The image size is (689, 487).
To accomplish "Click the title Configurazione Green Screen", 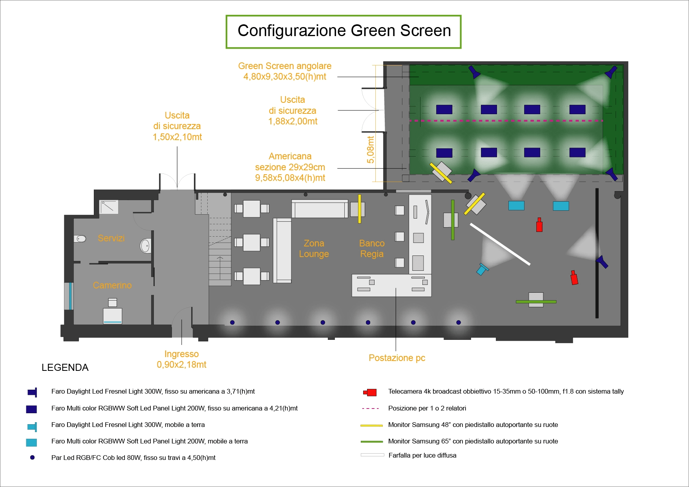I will point(344,31).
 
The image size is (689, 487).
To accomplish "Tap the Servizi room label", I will point(111,238).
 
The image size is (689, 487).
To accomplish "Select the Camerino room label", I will point(112,285).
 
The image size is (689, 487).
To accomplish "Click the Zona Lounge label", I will point(314,249).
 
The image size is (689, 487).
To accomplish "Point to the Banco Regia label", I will point(372,249).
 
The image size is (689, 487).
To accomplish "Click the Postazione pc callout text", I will point(397,358).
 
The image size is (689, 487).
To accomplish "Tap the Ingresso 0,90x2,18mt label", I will point(181,359).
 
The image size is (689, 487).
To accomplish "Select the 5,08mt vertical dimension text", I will point(371,150).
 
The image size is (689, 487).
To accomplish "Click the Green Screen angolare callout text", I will point(285,71).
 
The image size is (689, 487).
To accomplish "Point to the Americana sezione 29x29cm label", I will point(290,167).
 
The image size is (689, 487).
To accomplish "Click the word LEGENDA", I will point(65,368).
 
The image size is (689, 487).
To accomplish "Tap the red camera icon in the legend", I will point(370,392).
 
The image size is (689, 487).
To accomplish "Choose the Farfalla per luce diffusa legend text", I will point(422,455).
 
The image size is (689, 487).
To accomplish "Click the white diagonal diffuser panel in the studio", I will point(500,244).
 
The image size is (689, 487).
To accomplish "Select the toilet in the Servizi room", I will point(80,239).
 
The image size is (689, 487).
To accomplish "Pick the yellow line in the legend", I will point(371,425).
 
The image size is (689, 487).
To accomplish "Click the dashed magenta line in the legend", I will point(370,409).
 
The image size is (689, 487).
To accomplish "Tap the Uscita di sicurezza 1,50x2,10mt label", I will point(177,126).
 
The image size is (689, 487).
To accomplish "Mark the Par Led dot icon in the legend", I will point(32,458).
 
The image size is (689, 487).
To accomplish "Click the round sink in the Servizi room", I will point(145,246).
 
